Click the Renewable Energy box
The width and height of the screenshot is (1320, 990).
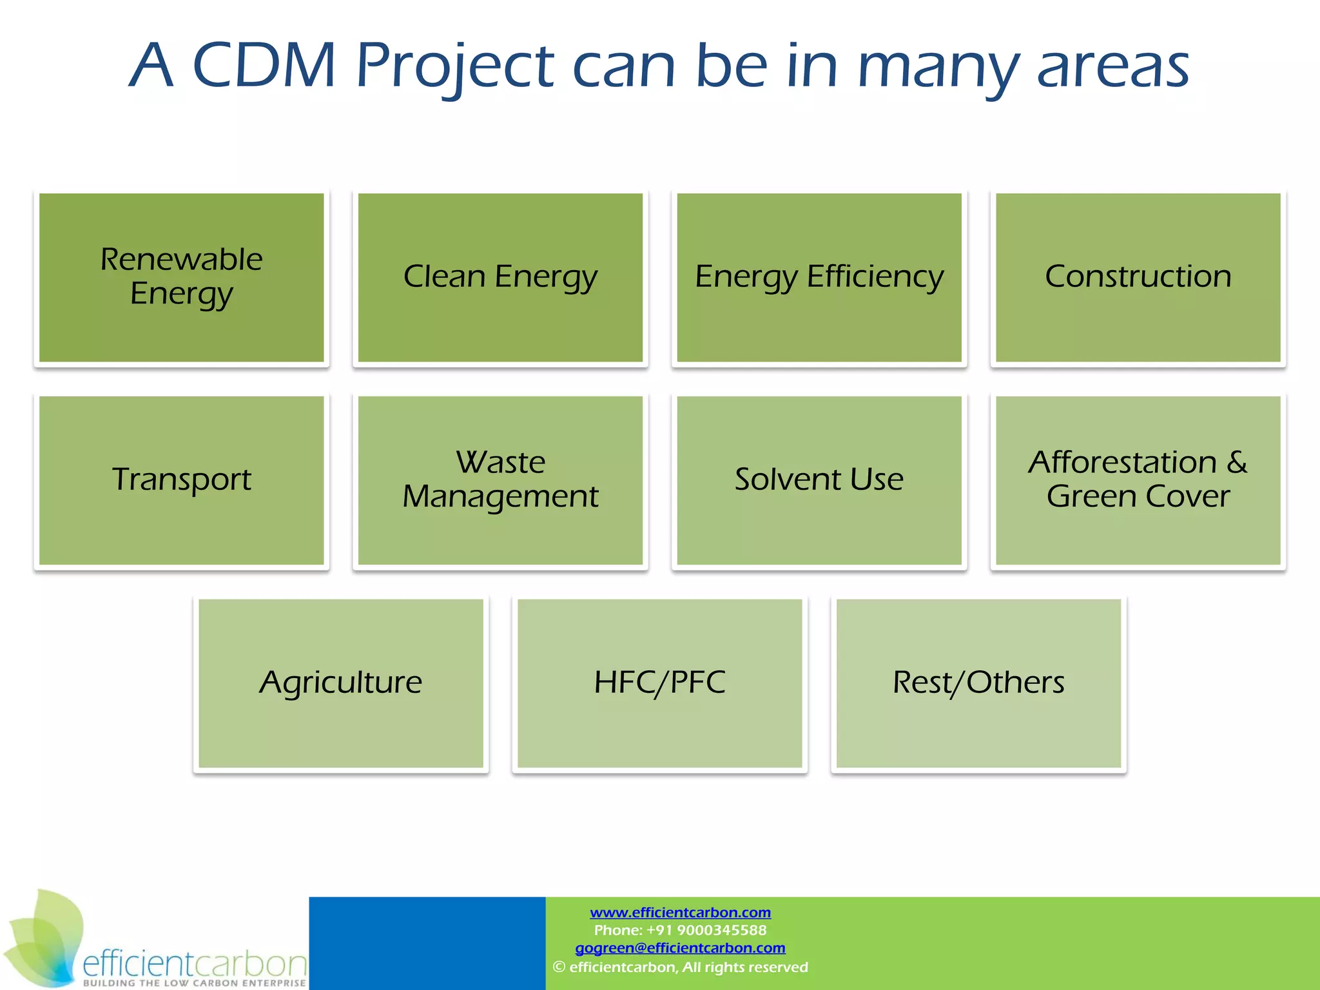pos(181,277)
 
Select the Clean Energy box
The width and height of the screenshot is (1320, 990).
pos(500,277)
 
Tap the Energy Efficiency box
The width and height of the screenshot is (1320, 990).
pos(819,277)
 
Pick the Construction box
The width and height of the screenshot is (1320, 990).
pos(1138,277)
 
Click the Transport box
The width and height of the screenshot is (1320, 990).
pos(181,480)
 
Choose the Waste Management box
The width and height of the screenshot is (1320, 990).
pos(500,480)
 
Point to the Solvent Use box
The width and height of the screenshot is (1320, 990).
pos(819,480)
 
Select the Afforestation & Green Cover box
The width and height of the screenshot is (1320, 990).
pos(1138,480)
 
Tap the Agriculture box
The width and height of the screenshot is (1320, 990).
pos(340,683)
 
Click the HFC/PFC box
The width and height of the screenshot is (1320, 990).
pos(659,683)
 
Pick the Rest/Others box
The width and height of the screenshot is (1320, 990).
pos(978,683)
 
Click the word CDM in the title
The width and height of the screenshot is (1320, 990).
pos(264,66)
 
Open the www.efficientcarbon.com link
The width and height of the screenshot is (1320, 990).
pos(680,913)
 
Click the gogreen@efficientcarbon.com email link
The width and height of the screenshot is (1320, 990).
pos(680,948)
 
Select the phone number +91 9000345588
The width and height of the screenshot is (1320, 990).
pos(706,930)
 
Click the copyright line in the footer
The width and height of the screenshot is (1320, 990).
pos(680,967)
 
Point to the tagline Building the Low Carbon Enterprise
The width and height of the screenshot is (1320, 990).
pos(194,983)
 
